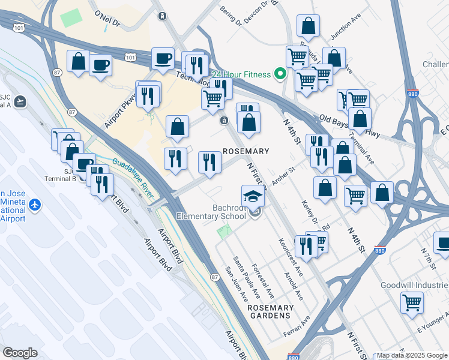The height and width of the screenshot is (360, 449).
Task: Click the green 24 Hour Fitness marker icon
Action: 280,74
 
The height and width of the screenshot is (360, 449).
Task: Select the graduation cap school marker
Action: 253,196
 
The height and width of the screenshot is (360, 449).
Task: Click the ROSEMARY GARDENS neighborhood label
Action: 269,311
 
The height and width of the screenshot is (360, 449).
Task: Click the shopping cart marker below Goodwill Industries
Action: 412,302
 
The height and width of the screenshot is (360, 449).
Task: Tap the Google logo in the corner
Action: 20,353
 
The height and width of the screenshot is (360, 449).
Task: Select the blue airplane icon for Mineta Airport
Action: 34,205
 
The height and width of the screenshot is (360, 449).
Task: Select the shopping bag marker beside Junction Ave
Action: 308,26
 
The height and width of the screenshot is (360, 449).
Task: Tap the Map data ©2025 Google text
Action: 412,355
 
